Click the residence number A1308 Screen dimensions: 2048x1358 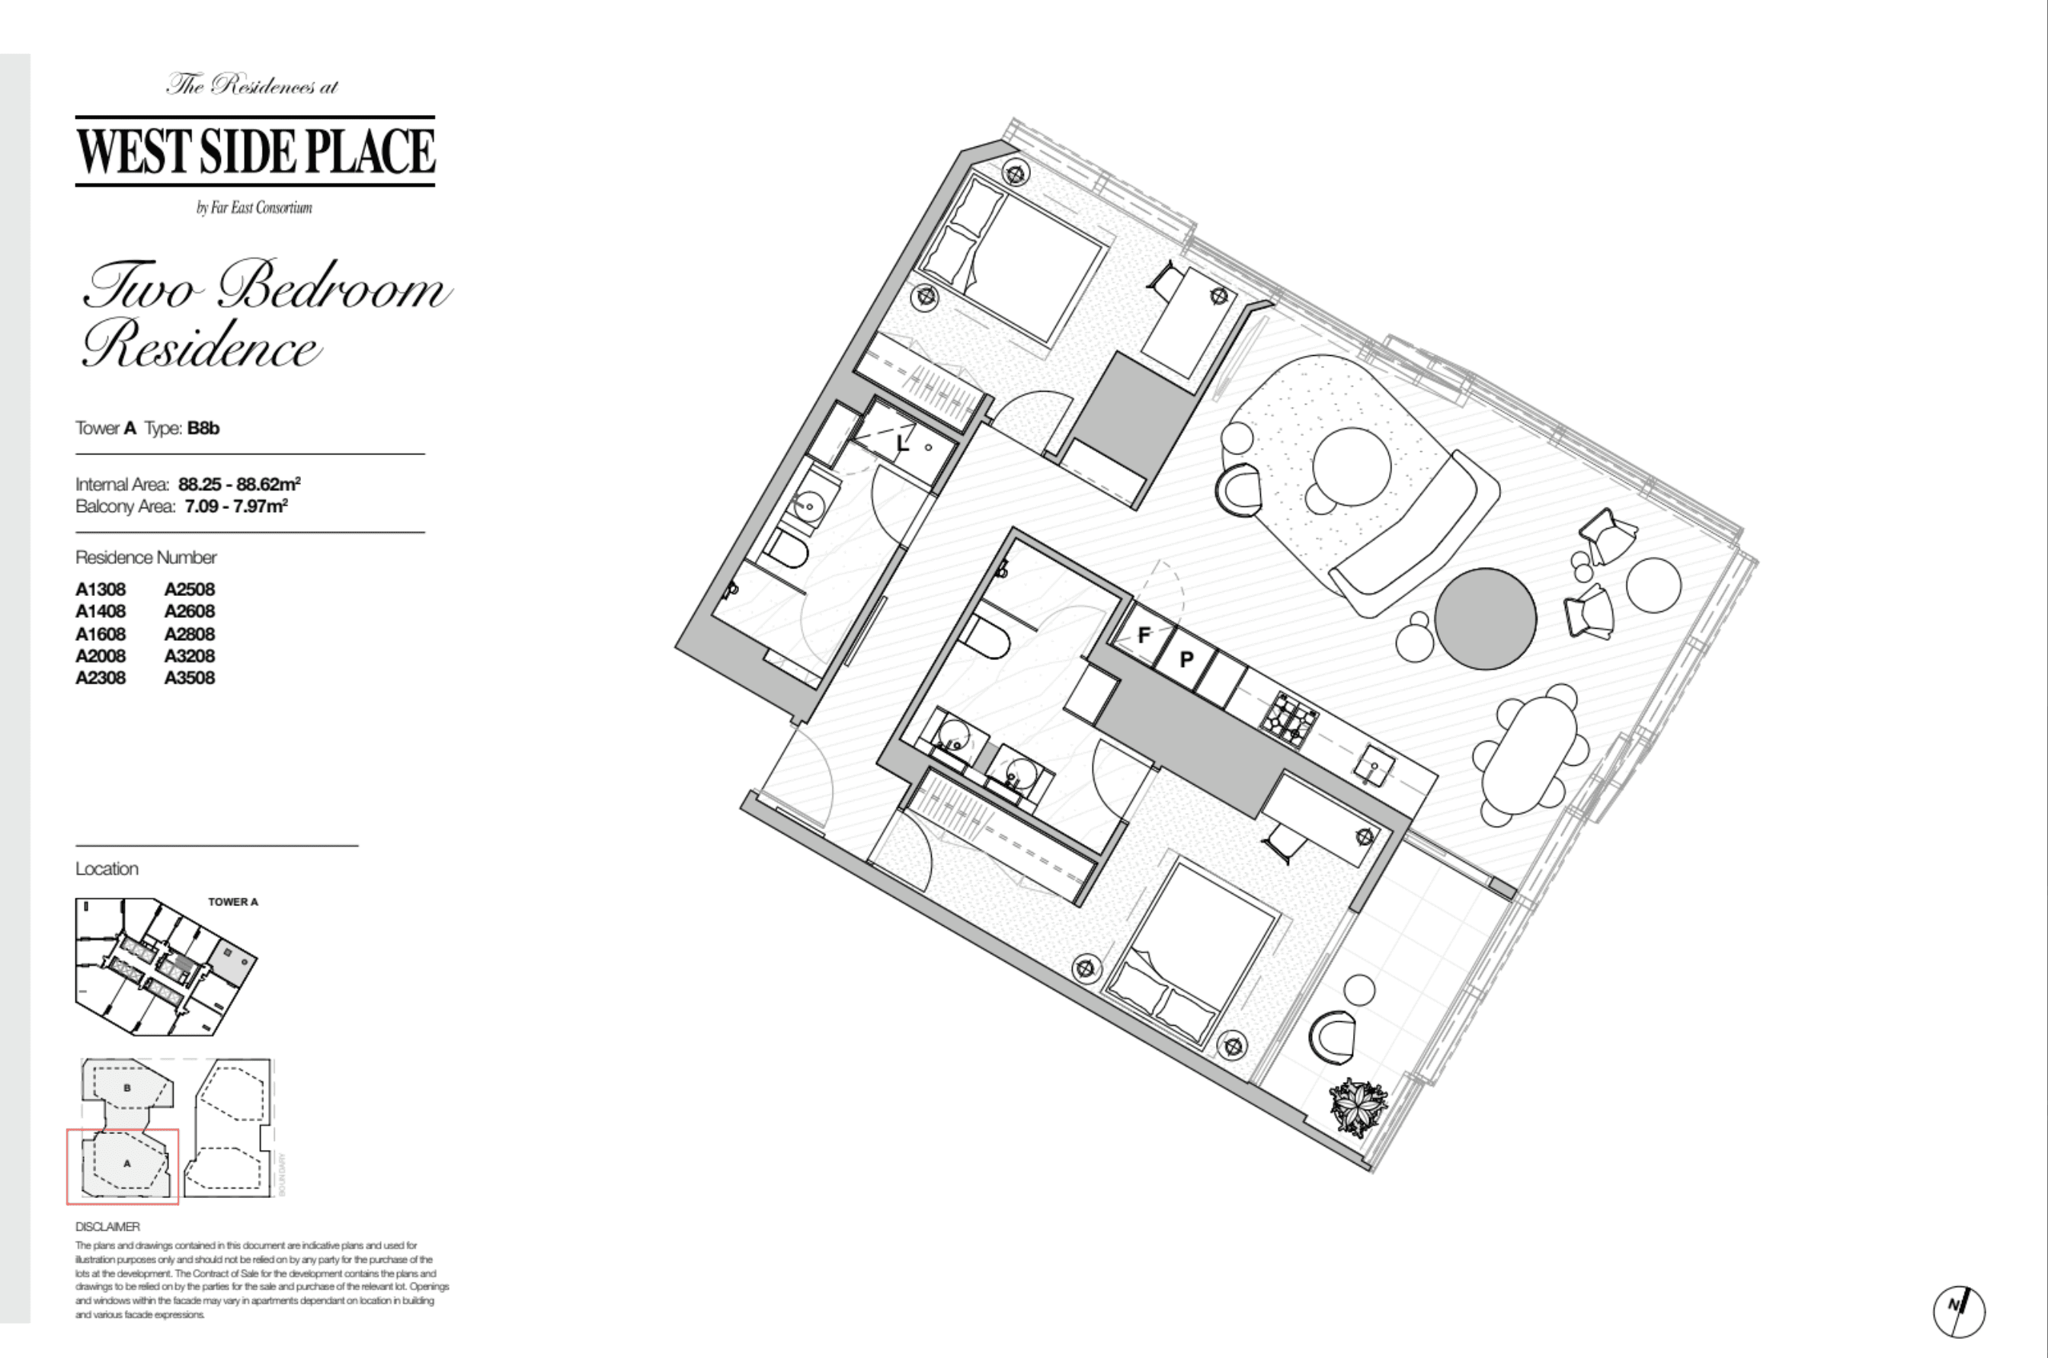tap(101, 590)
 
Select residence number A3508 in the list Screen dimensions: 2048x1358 tap(190, 678)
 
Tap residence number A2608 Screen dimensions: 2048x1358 tap(190, 611)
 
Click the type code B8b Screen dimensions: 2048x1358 tap(203, 428)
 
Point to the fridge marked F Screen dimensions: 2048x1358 tap(1144, 635)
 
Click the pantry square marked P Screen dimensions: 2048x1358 tap(1186, 659)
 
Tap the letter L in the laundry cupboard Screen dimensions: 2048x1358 tap(901, 445)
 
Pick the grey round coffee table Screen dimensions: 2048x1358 tap(1485, 618)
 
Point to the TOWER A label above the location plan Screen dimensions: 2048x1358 tap(233, 902)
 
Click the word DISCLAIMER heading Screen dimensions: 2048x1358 tap(107, 1226)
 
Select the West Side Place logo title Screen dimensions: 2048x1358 tap(255, 151)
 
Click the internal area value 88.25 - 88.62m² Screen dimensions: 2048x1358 tap(239, 484)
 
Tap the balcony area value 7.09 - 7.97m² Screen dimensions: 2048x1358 tap(235, 507)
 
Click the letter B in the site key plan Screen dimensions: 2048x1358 tap(127, 1087)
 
